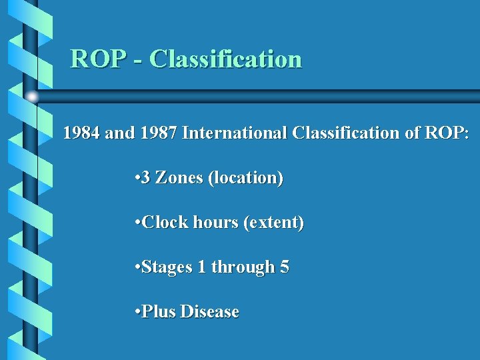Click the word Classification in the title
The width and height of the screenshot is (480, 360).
pos(225,59)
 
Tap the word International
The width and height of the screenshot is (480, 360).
pos(235,133)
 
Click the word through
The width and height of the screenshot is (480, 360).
pos(243,267)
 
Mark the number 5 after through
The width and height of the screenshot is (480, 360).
pos(285,267)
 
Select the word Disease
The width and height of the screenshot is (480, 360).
pos(209,312)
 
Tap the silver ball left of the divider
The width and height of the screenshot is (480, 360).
pos(31,97)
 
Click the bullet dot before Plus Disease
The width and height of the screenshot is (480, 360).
pos(136,312)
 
